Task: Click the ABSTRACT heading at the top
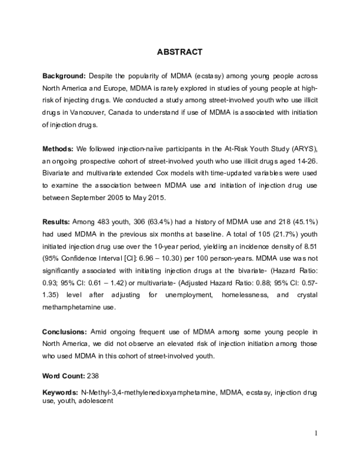coord(180,52)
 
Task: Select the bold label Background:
coord(65,77)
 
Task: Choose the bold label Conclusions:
coord(65,331)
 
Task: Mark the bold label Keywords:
coord(60,392)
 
